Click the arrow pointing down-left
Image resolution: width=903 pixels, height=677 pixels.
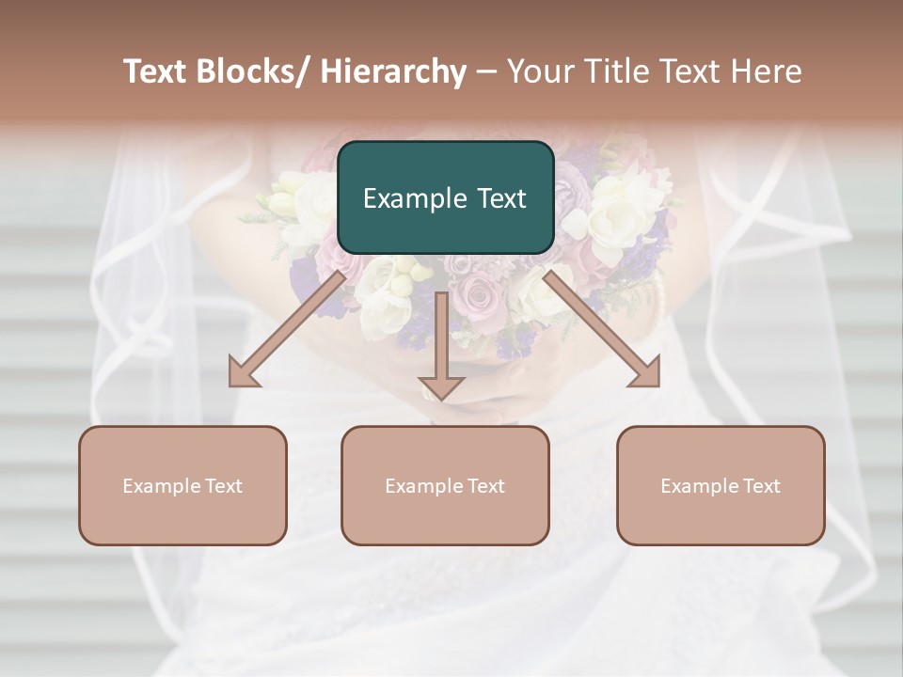(x=287, y=329)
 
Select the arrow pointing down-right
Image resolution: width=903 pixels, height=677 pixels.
(x=602, y=329)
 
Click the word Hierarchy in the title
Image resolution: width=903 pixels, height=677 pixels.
(x=392, y=72)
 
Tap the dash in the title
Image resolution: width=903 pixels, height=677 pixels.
(x=486, y=72)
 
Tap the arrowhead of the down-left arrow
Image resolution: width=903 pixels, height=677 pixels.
(x=243, y=374)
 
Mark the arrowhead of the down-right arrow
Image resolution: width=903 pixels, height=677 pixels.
(x=646, y=374)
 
